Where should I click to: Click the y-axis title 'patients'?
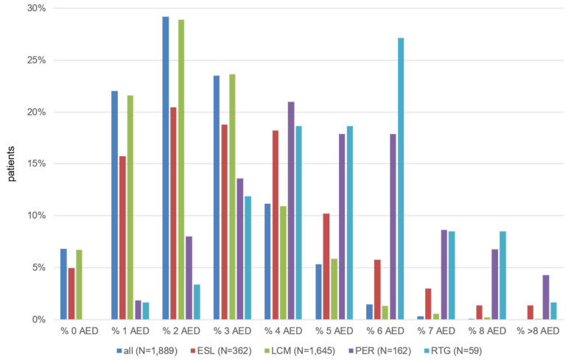click(10, 164)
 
